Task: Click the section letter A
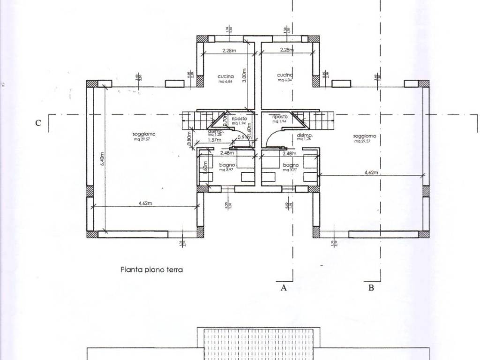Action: pyautogui.click(x=284, y=288)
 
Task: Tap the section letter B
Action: pyautogui.click(x=371, y=288)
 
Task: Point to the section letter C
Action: pyautogui.click(x=38, y=123)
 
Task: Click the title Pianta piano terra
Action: pyautogui.click(x=151, y=270)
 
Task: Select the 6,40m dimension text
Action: pyautogui.click(x=102, y=160)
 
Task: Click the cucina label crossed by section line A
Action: pyautogui.click(x=285, y=75)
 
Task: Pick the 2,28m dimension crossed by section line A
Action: pyautogui.click(x=286, y=50)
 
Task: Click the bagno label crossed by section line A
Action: pyautogui.click(x=291, y=165)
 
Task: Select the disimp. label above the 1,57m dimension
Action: pyautogui.click(x=216, y=132)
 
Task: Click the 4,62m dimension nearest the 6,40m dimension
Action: pyautogui.click(x=147, y=203)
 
